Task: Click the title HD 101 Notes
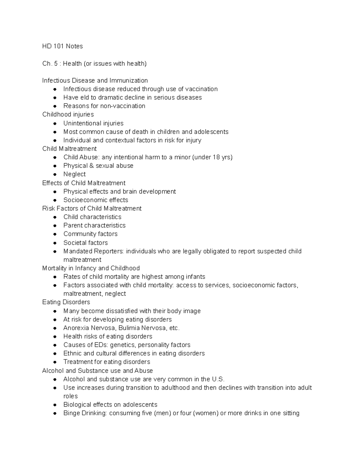(x=62, y=46)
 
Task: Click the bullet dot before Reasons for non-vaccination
(x=55, y=106)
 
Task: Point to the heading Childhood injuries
(x=68, y=114)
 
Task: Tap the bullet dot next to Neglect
(x=55, y=174)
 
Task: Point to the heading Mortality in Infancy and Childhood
(x=91, y=268)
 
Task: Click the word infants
(x=195, y=277)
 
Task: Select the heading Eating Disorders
(x=66, y=302)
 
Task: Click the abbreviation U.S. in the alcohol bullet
(x=218, y=379)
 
